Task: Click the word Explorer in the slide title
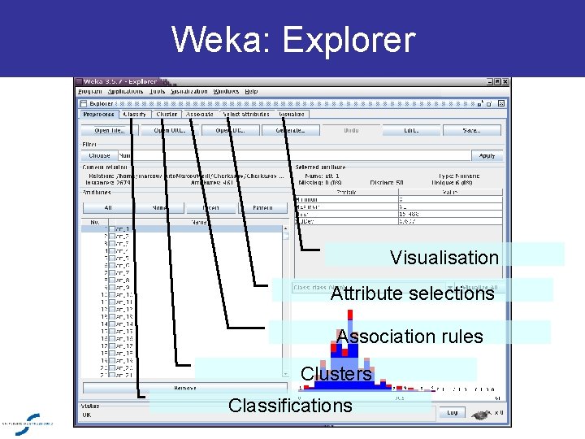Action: pyautogui.click(x=349, y=39)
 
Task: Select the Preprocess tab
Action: pyautogui.click(x=99, y=115)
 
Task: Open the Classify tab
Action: pyautogui.click(x=135, y=115)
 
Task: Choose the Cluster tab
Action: pyautogui.click(x=167, y=115)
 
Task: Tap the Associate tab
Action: pyautogui.click(x=200, y=115)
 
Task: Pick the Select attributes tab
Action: pyautogui.click(x=246, y=115)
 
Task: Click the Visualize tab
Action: pyautogui.click(x=291, y=115)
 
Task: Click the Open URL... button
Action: pyautogui.click(x=167, y=130)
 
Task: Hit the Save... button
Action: pyautogui.click(x=471, y=130)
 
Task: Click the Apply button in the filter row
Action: pyautogui.click(x=487, y=155)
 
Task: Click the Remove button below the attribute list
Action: pyautogui.click(x=185, y=388)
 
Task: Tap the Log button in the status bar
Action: pyautogui.click(x=452, y=413)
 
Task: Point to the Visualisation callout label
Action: pyautogui.click(x=444, y=258)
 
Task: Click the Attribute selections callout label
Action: pyautogui.click(x=412, y=293)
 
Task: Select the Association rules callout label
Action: pyautogui.click(x=409, y=337)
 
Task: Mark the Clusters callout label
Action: pyautogui.click(x=336, y=374)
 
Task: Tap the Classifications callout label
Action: pyautogui.click(x=290, y=406)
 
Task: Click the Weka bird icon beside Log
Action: pyautogui.click(x=482, y=414)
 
